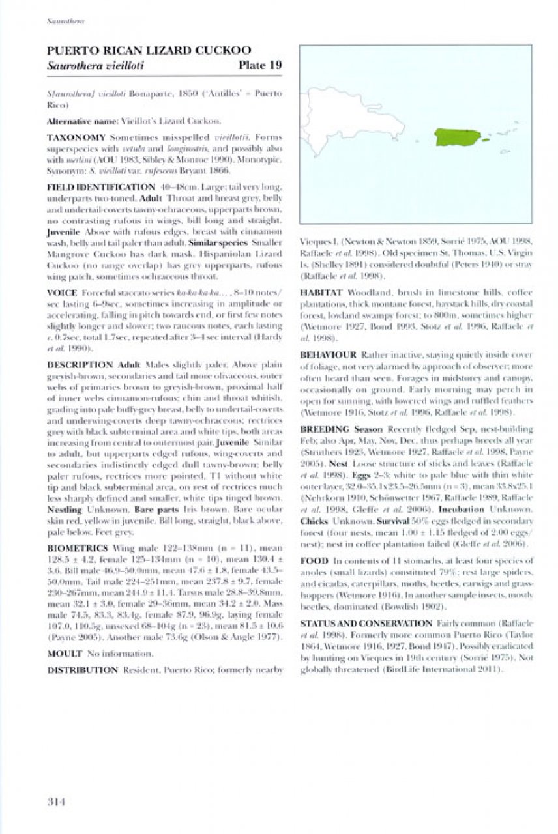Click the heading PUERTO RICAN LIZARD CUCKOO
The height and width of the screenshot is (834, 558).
click(149, 51)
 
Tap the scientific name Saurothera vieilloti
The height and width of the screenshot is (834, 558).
click(95, 66)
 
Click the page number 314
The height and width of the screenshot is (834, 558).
click(56, 801)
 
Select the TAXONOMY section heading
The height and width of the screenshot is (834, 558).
click(76, 138)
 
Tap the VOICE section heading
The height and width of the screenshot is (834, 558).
click(62, 293)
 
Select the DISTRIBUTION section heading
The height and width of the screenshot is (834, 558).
click(83, 669)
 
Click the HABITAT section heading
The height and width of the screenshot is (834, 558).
click(321, 293)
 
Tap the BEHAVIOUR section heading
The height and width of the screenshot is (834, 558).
click(329, 355)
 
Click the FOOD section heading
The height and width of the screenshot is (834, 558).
click(314, 560)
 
